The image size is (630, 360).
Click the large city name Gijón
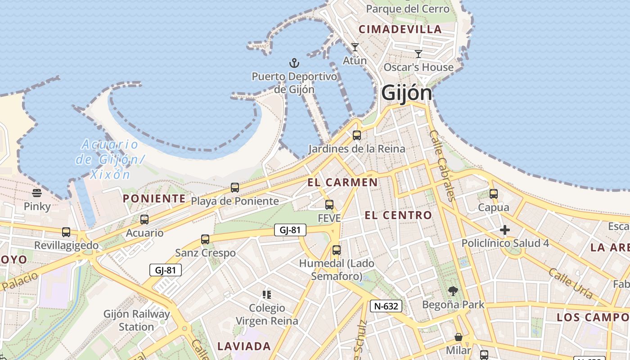click(x=406, y=93)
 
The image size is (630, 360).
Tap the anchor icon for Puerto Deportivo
click(x=294, y=63)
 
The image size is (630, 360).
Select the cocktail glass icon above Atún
click(x=355, y=47)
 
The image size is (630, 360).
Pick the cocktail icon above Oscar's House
click(x=418, y=54)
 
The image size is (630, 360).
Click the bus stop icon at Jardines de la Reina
click(x=357, y=135)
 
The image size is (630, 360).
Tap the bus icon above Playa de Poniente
click(x=235, y=188)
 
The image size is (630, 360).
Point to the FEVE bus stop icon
click(x=329, y=205)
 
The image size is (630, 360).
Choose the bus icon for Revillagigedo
click(x=66, y=232)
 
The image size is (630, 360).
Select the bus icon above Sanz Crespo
click(x=205, y=239)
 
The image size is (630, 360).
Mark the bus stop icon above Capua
click(x=494, y=194)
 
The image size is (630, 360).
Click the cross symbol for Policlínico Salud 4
click(x=505, y=230)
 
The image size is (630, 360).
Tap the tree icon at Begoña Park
click(x=453, y=291)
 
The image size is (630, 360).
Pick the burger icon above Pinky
click(x=37, y=193)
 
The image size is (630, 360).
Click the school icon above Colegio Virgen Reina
click(x=267, y=295)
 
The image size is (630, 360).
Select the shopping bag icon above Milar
click(x=459, y=337)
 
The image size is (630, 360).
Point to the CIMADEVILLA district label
click(x=400, y=30)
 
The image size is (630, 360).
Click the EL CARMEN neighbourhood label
click(x=342, y=182)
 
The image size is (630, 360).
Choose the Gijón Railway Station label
click(x=137, y=320)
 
